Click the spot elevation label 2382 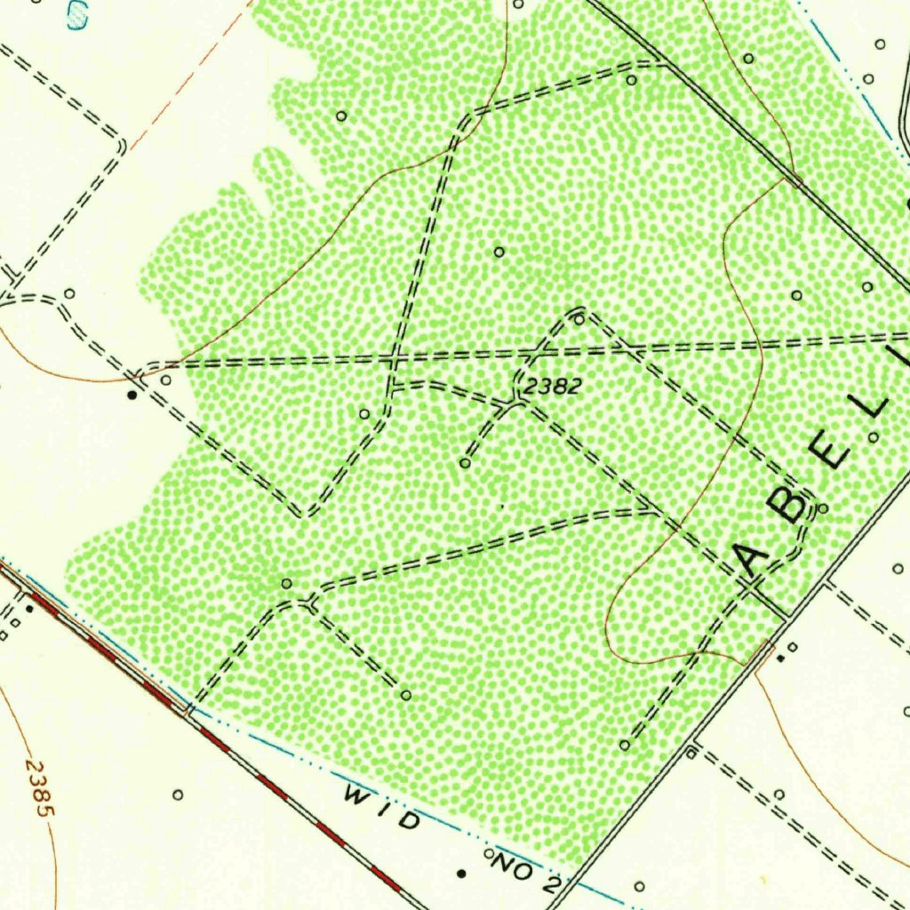coord(552,386)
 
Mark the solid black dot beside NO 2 coord(460,874)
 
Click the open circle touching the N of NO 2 coord(489,854)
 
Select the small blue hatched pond coord(77,13)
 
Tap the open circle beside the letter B coord(822,508)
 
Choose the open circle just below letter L coord(874,436)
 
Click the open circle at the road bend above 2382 coord(579,319)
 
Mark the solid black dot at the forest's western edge coord(132,394)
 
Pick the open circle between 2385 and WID coord(178,794)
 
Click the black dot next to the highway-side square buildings coord(29,609)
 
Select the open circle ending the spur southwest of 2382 coord(464,463)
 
